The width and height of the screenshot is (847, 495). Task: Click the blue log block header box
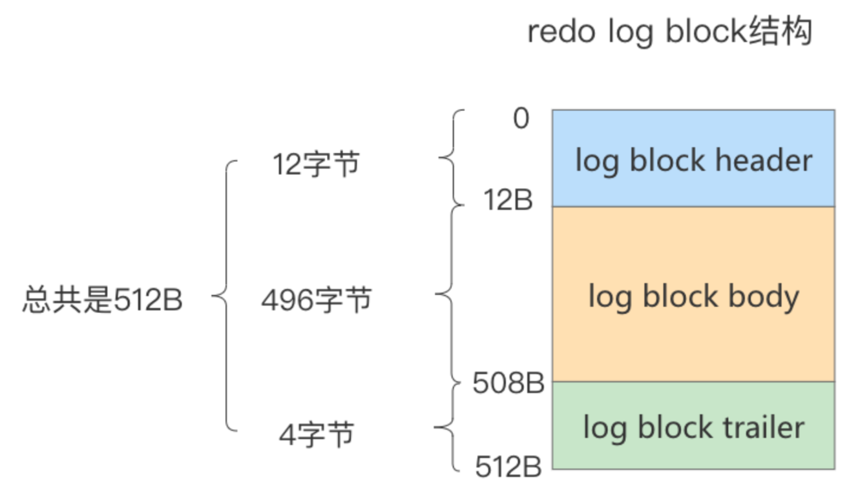pyautogui.click(x=693, y=158)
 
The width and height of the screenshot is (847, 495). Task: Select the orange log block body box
pyautogui.click(x=693, y=294)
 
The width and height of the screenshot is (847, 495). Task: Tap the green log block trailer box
pyautogui.click(x=693, y=425)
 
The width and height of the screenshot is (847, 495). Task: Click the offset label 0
pyautogui.click(x=520, y=119)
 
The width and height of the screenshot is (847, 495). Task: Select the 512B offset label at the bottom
pyautogui.click(x=508, y=467)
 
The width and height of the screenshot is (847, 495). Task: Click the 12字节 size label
pyautogui.click(x=316, y=165)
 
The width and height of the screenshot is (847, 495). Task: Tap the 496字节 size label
pyautogui.click(x=317, y=300)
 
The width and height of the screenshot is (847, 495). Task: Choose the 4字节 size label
pyautogui.click(x=317, y=434)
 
